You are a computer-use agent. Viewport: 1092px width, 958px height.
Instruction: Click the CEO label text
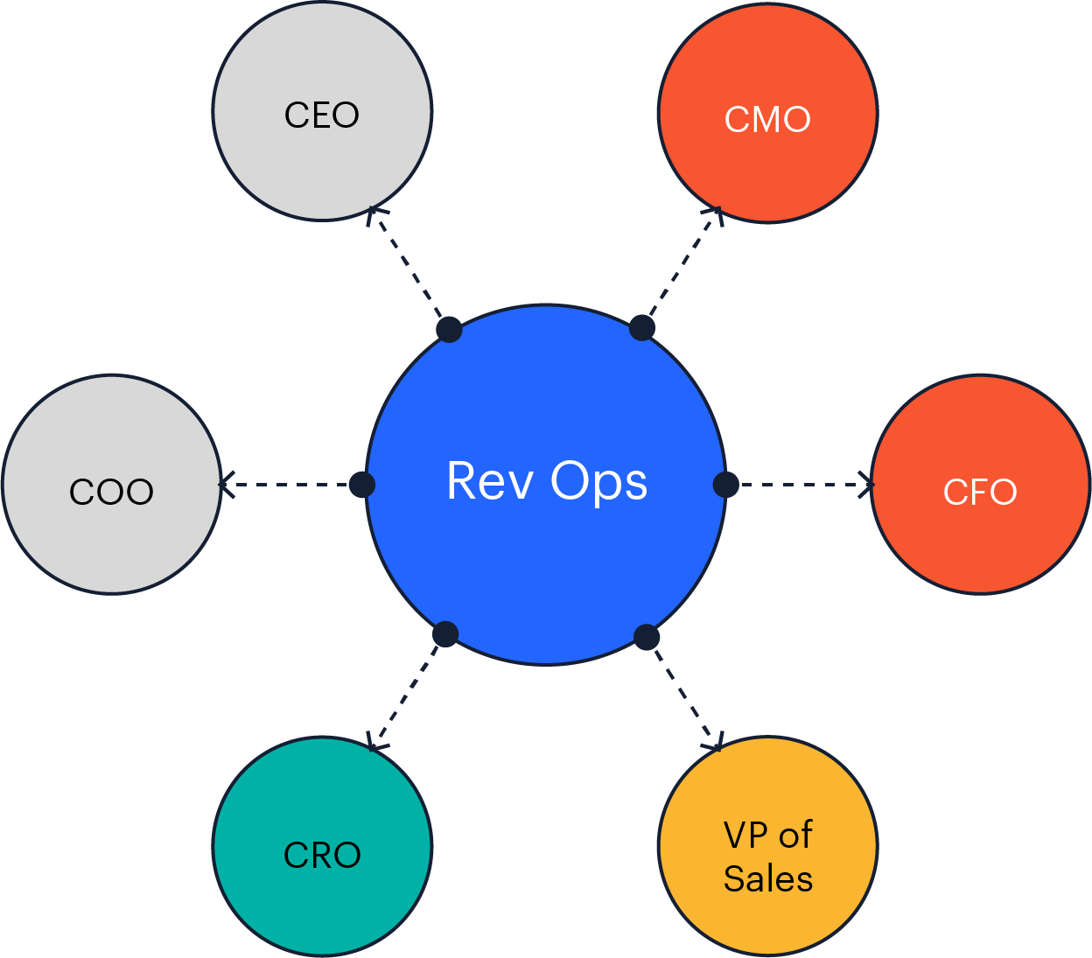(322, 115)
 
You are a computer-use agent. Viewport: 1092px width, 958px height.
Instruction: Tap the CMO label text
(767, 120)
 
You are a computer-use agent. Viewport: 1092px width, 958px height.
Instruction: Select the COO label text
(111, 493)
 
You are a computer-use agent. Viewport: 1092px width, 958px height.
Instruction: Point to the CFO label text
(980, 493)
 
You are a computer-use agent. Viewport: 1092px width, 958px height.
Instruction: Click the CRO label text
(322, 856)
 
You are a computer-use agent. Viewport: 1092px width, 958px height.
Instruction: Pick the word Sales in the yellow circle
(768, 879)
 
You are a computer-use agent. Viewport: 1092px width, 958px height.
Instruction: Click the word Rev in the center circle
(489, 481)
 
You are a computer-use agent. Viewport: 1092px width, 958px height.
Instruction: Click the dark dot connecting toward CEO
(449, 330)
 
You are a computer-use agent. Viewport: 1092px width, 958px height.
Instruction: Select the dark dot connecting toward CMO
(642, 328)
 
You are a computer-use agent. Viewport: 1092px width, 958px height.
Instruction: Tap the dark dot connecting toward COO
(362, 484)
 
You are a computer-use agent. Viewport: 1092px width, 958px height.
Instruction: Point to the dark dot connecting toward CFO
(726, 484)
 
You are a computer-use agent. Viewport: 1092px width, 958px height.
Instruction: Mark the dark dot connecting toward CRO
(445, 634)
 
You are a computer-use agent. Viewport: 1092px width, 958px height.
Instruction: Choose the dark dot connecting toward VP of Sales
(647, 637)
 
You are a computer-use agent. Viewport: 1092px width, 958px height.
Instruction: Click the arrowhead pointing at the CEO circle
(374, 213)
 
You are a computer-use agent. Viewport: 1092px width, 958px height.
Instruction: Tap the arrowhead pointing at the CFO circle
(866, 484)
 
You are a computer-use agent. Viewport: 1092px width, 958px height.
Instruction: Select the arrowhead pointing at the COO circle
(226, 484)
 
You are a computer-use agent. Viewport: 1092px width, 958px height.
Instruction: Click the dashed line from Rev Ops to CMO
(682, 267)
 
